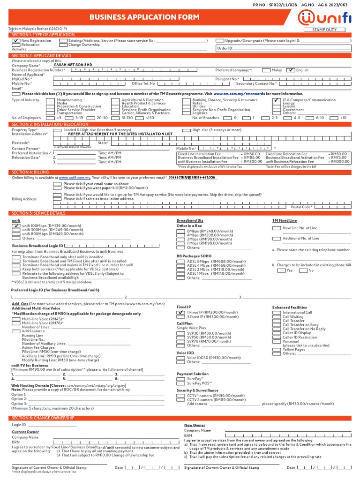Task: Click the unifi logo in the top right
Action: pos(324,17)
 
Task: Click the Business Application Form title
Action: pos(144,17)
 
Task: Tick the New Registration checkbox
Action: pos(15,41)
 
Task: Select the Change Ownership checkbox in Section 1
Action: pos(63,45)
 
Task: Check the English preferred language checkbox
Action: pos(291,70)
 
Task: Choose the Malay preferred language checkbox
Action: pos(266,70)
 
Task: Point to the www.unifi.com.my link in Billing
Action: pos(75,178)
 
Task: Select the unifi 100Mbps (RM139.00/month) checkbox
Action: pos(15,225)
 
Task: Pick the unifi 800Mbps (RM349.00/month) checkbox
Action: pos(15,234)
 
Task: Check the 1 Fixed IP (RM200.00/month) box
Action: pos(180,312)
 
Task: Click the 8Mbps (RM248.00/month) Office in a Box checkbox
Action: pos(180,231)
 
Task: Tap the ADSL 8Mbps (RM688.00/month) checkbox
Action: pos(180,262)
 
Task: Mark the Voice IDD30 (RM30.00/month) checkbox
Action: pos(180,358)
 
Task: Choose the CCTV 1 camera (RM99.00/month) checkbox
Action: pos(180,396)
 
